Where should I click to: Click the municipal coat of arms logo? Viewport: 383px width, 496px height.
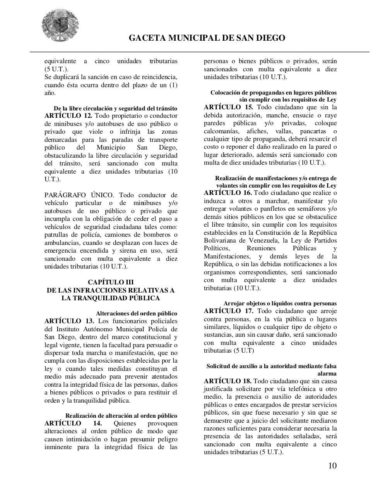[60, 26]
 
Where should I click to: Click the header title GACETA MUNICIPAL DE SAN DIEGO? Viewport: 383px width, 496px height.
[207, 38]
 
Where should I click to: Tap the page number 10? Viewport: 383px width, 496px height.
[332, 465]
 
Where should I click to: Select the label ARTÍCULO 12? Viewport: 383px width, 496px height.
[68, 116]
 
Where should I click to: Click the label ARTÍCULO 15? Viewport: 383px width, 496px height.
[228, 107]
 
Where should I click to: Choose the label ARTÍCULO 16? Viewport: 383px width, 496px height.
[227, 193]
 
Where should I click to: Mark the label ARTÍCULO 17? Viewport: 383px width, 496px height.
[228, 311]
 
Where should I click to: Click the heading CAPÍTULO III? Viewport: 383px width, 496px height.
[111, 282]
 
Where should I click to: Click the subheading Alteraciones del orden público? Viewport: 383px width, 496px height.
[137, 313]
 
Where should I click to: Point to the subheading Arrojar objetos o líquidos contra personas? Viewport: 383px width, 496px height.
[280, 303]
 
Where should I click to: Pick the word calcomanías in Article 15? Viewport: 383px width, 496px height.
[222, 131]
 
